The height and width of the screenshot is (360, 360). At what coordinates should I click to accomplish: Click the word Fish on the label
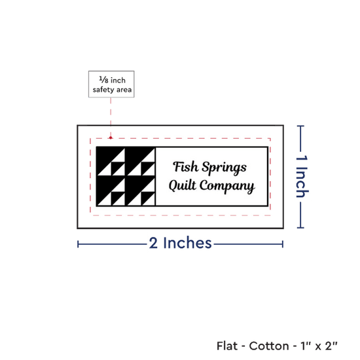pos(185,166)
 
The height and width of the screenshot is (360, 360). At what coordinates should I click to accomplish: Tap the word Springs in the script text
pos(225,168)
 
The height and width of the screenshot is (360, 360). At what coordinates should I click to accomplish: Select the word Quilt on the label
pos(183,185)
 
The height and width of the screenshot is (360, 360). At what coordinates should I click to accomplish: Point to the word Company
pos(227,186)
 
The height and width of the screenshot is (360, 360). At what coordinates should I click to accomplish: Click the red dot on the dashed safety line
pos(111,137)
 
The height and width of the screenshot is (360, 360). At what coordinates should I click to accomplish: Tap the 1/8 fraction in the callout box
pos(103,80)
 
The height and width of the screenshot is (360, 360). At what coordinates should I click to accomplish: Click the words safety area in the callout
pos(112,90)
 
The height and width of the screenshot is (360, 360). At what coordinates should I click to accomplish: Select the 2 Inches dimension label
pos(180,243)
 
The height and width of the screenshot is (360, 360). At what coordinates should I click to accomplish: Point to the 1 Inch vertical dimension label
pos(302,176)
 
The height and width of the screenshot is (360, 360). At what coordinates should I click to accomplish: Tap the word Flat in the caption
pos(227,346)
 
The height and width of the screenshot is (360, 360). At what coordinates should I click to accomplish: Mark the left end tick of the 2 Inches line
pos(78,244)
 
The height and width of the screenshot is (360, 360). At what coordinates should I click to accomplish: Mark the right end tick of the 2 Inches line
pos(283,244)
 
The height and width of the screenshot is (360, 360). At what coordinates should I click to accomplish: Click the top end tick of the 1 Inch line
pos(300,126)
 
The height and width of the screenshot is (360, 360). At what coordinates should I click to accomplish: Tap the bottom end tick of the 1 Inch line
pos(300,228)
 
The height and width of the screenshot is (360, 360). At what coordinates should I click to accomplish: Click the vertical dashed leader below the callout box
pos(111,117)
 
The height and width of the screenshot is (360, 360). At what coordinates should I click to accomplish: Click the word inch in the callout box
pos(118,81)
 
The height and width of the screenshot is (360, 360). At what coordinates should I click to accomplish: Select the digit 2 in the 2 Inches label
pos(153,243)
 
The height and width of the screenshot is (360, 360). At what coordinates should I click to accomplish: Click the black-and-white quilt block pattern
pos(126,176)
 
